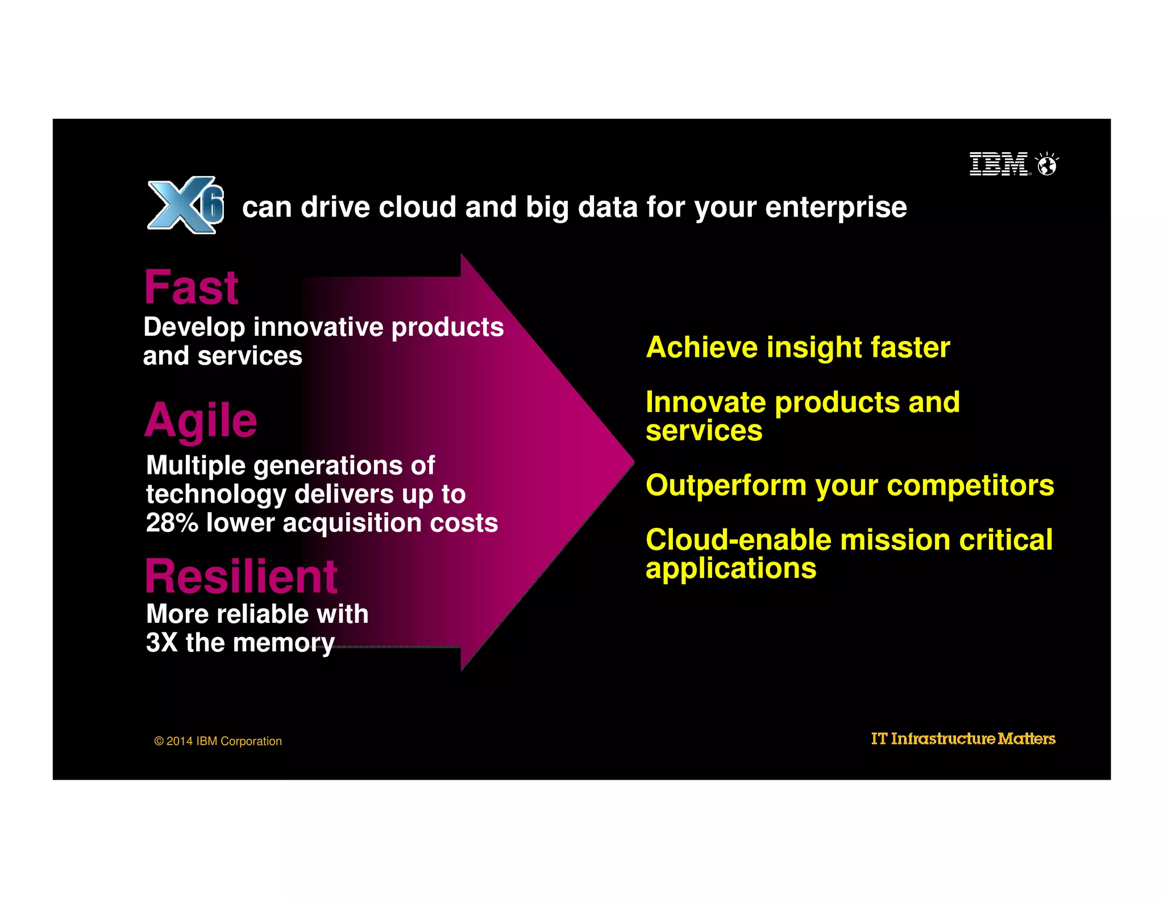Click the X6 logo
click(185, 205)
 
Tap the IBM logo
click(999, 164)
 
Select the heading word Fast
click(191, 288)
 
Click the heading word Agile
click(201, 421)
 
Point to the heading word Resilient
click(241, 576)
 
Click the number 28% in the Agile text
click(172, 522)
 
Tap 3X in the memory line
click(161, 643)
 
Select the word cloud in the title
click(417, 207)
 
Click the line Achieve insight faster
click(797, 347)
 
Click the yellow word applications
click(730, 568)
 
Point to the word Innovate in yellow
click(705, 402)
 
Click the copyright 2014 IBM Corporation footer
click(218, 741)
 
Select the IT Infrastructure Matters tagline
click(963, 739)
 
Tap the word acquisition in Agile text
click(352, 523)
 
